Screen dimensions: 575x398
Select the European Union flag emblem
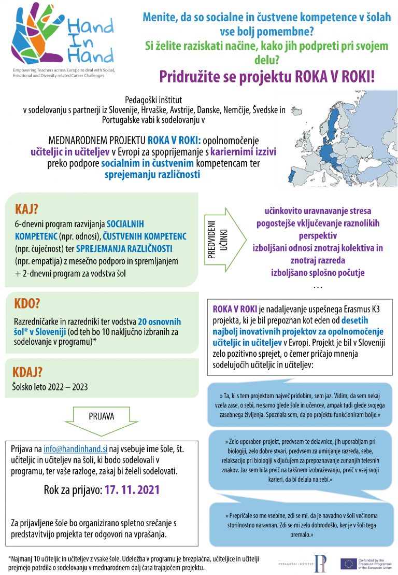coord(348,564)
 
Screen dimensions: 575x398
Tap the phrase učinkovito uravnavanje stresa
coord(318,212)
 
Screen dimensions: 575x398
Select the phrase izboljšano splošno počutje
coord(318,272)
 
